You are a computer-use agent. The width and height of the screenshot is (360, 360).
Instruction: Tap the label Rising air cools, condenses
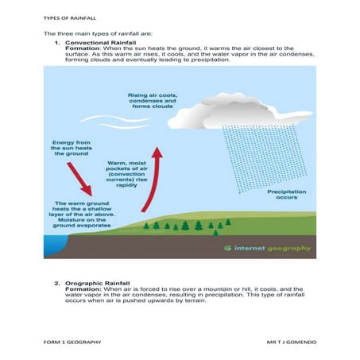(153, 103)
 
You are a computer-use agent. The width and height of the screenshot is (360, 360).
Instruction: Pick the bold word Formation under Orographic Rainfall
(83, 290)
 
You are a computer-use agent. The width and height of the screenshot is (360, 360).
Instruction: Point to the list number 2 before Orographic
(56, 284)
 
